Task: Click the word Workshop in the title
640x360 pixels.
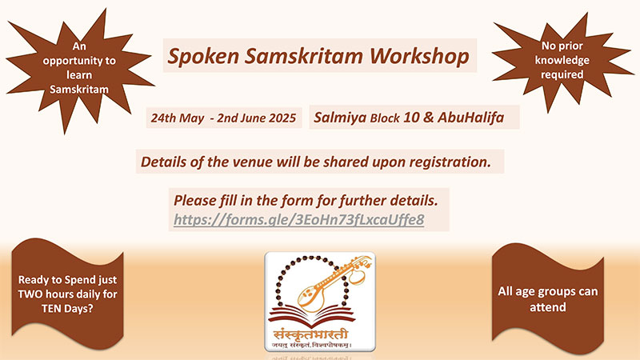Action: [419, 55]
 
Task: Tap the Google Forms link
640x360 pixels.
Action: [298, 219]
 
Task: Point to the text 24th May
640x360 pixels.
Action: [178, 118]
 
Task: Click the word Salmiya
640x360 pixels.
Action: [340, 118]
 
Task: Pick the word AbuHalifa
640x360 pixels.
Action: [470, 118]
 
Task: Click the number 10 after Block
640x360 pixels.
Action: [411, 118]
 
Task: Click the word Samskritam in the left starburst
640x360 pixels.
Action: [79, 89]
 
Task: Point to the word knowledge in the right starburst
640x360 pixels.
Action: [562, 61]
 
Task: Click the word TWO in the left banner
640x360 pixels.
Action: [30, 294]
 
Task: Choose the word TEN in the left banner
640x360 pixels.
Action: [51, 308]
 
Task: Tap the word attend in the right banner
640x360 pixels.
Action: [548, 307]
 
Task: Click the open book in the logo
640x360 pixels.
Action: [311, 317]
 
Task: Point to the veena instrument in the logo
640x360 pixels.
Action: [333, 282]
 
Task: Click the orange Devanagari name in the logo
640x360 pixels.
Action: [311, 334]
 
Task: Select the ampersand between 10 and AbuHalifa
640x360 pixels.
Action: [429, 118]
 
